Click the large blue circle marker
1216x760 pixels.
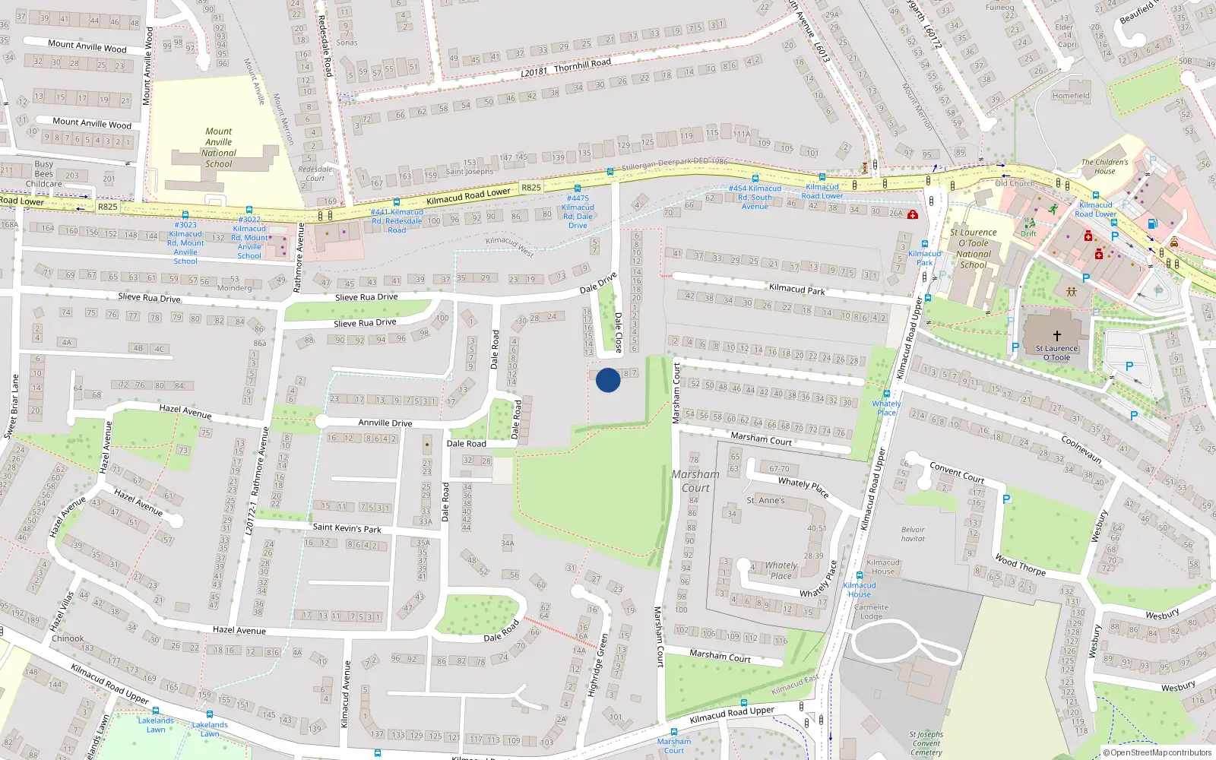tap(608, 380)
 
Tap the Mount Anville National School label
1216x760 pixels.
tap(219, 147)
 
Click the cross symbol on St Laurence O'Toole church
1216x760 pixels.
tap(1056, 335)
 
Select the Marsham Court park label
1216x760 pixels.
tap(695, 481)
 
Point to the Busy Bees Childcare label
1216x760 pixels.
tap(44, 174)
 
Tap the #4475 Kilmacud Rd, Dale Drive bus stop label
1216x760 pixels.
tap(578, 211)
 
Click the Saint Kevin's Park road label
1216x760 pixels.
tap(347, 527)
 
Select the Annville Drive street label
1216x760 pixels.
tap(385, 423)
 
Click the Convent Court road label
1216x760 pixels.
tap(957, 473)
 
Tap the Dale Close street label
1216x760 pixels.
tap(618, 332)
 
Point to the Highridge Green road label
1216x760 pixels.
tap(597, 666)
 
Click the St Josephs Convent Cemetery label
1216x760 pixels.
tap(926, 743)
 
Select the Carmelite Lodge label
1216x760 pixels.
tap(871, 612)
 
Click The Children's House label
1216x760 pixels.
tap(1104, 166)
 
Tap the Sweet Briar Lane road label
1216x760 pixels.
tap(12, 407)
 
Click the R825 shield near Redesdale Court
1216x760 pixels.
tap(531, 187)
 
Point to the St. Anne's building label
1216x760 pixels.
tap(765, 500)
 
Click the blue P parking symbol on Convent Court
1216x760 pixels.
tap(1006, 499)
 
